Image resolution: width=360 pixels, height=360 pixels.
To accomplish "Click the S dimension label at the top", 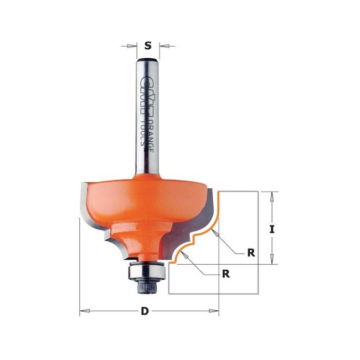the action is pyautogui.click(x=148, y=45).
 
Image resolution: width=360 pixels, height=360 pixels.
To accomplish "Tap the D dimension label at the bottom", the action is pyautogui.click(x=145, y=311).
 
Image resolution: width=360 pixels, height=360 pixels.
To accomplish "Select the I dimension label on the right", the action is pyautogui.click(x=272, y=229).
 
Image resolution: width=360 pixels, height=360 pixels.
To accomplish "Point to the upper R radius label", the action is pyautogui.click(x=251, y=253).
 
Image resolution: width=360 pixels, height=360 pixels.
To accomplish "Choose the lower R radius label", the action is pyautogui.click(x=226, y=274).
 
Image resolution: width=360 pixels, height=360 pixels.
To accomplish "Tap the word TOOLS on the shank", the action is pyautogui.click(x=143, y=133).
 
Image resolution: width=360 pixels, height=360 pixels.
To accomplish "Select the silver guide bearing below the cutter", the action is pyautogui.click(x=146, y=271).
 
